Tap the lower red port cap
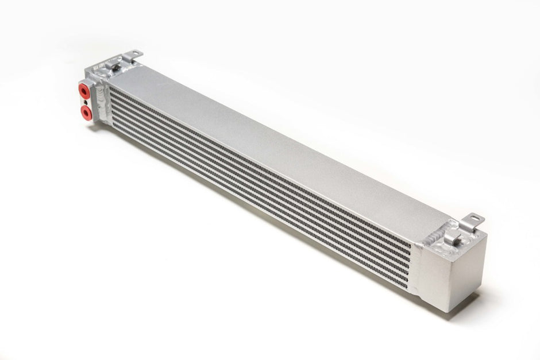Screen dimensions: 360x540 [86, 111]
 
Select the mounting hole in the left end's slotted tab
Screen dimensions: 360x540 [135, 53]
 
